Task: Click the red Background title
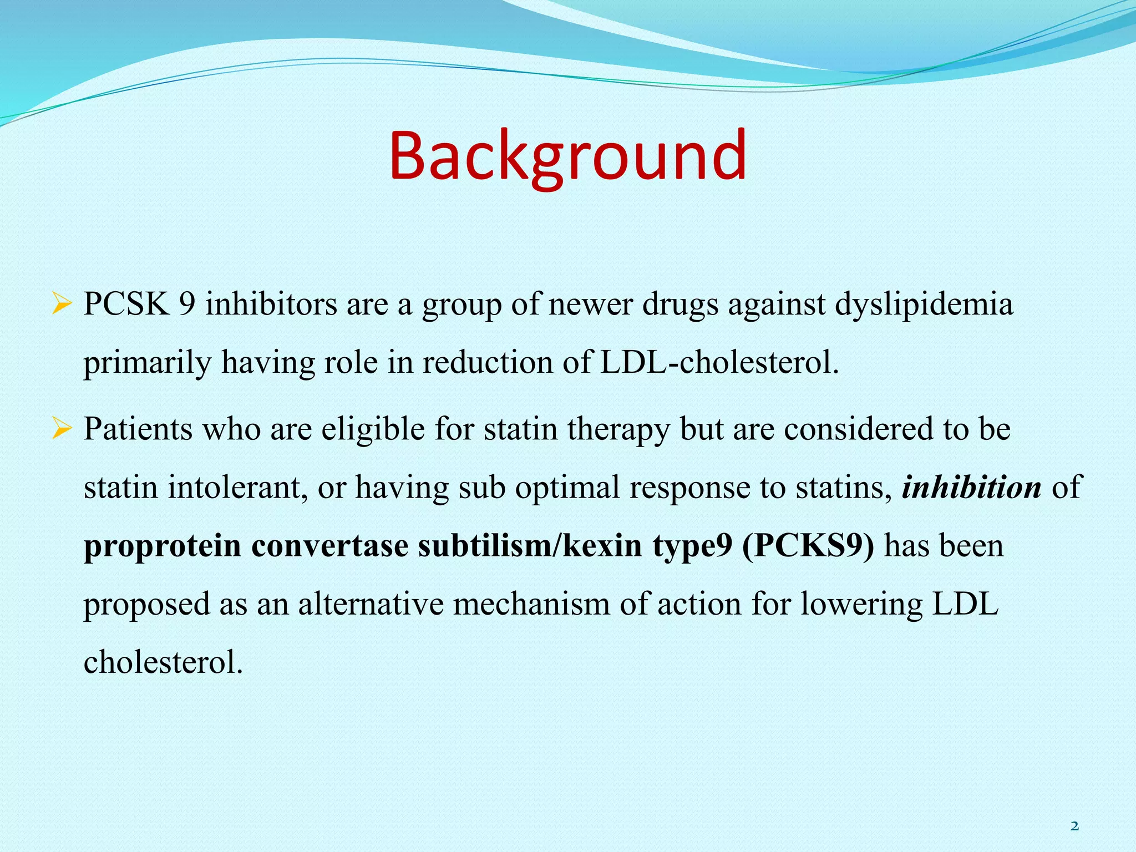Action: point(567,156)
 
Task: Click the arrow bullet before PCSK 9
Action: point(61,305)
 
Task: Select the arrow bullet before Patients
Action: point(61,429)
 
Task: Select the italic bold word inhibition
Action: point(971,488)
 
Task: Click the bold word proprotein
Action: point(162,547)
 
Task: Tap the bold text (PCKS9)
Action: point(808,546)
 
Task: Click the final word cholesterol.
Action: point(163,662)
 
